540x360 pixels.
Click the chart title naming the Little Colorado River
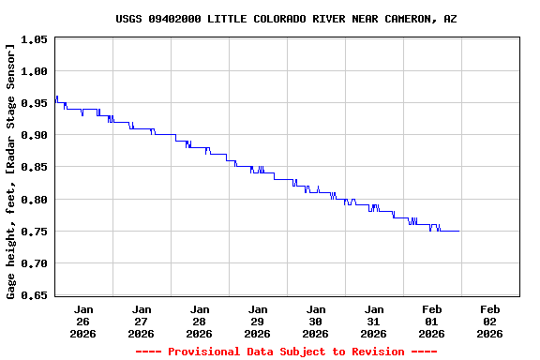(287, 19)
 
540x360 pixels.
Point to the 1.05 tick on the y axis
(34, 39)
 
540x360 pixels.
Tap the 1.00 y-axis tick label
(34, 71)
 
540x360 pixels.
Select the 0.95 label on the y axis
(34, 103)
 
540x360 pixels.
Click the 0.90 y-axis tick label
(34, 136)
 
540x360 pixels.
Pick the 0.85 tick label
(34, 168)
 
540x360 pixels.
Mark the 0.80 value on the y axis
(34, 200)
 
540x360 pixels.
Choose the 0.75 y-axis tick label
(34, 232)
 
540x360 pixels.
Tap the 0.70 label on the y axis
(34, 264)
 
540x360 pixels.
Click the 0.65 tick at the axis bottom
(34, 296)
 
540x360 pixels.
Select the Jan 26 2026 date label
(83, 321)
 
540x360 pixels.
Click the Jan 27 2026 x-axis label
(142, 321)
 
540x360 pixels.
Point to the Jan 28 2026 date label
(200, 321)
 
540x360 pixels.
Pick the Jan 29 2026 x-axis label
(258, 321)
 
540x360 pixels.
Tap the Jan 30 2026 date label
(316, 321)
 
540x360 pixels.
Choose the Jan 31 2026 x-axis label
(374, 321)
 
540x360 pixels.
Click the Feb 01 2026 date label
(432, 321)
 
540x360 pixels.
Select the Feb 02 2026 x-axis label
(490, 321)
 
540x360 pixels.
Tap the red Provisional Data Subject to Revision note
(287, 352)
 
